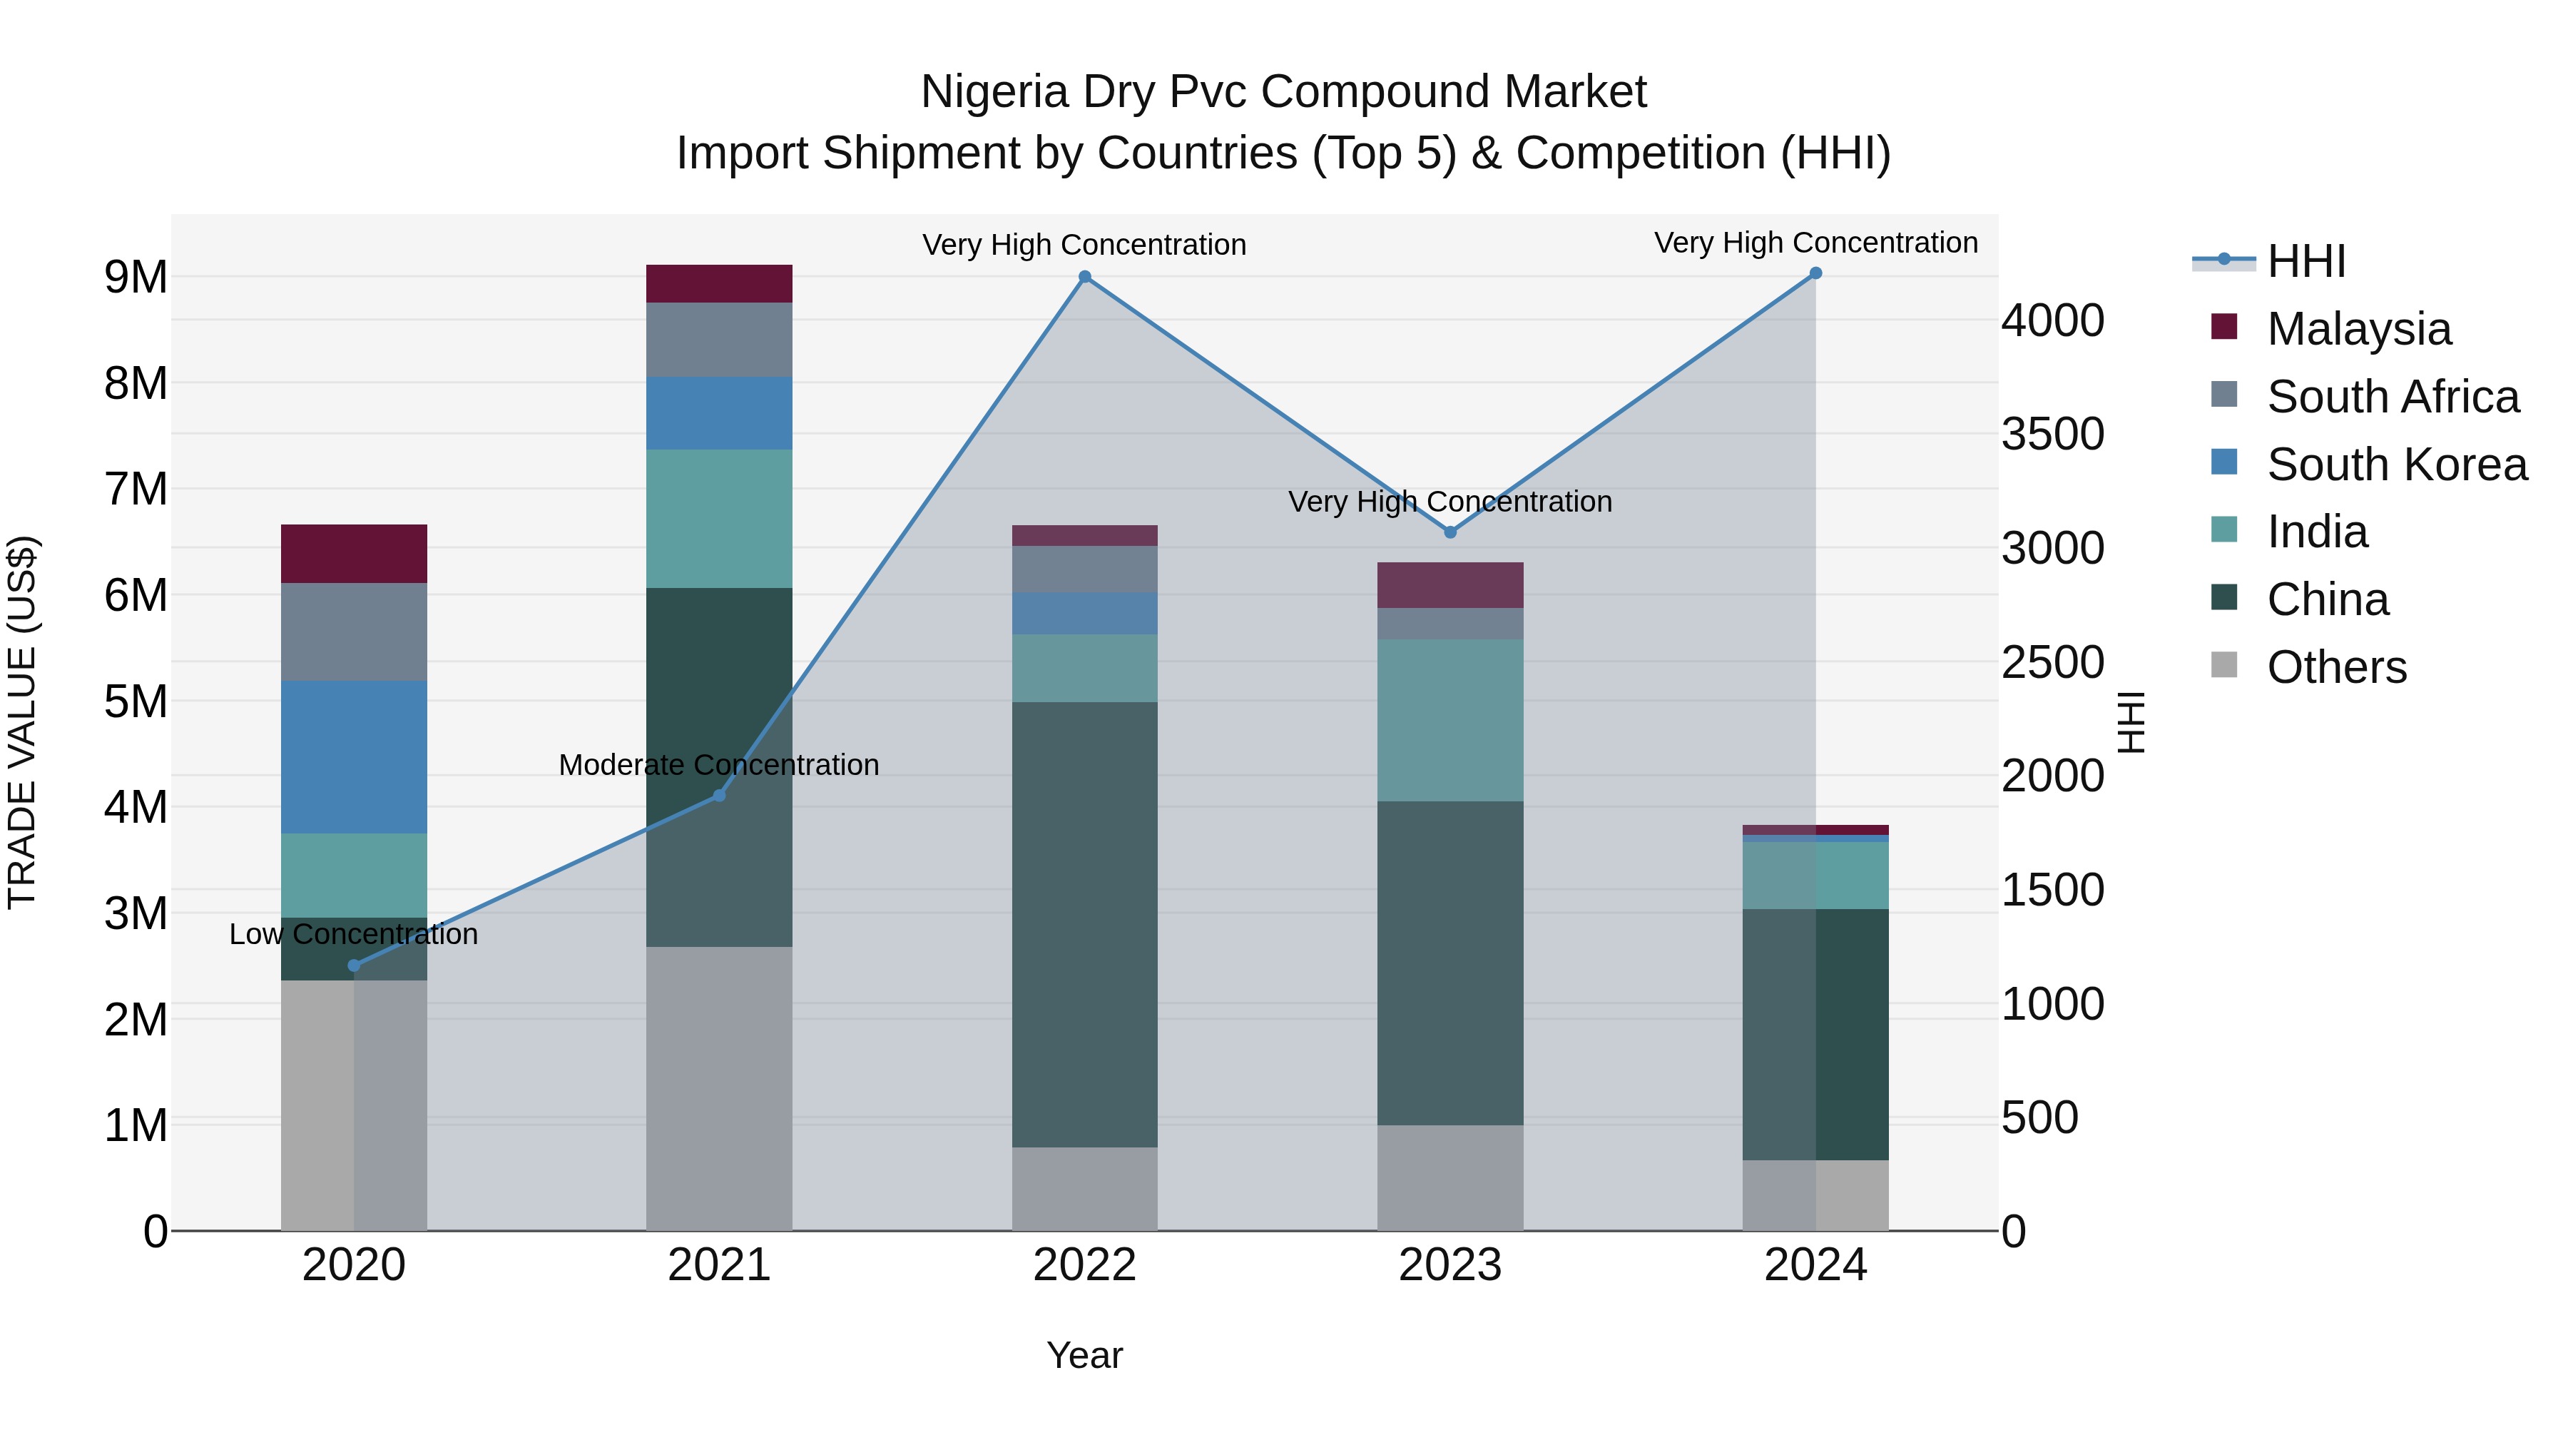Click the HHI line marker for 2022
point(1084,278)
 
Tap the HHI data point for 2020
point(354,965)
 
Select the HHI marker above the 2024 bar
point(1815,273)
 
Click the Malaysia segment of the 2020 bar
point(354,554)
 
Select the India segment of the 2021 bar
point(719,519)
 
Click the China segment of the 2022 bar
point(1084,923)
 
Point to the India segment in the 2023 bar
point(1450,720)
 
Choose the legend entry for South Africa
point(2393,397)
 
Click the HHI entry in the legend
point(2305,261)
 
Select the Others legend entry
point(2335,667)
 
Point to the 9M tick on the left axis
point(136,278)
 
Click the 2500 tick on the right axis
point(2052,662)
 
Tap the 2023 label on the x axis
point(1450,1264)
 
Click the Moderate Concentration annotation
point(719,765)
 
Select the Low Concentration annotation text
point(354,934)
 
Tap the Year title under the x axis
point(1084,1355)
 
